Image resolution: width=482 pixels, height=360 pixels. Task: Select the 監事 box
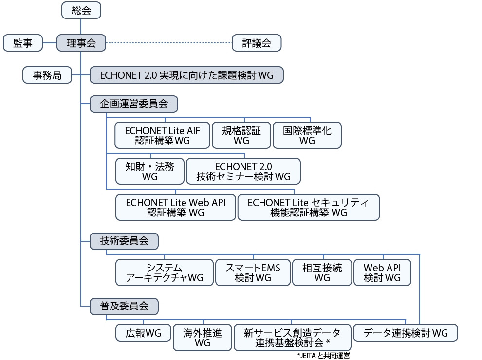[x=23, y=43]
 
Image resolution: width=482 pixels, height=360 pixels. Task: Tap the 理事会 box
[x=81, y=43]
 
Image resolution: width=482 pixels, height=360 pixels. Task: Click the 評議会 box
[x=257, y=43]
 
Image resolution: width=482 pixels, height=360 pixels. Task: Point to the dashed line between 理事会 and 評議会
[x=169, y=43]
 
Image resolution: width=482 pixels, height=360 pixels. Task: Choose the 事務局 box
[x=47, y=75]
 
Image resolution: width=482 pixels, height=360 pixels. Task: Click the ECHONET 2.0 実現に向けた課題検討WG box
[x=186, y=75]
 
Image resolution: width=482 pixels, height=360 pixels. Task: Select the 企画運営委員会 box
[x=134, y=104]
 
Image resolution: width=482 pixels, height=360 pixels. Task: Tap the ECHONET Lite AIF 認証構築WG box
[x=162, y=135]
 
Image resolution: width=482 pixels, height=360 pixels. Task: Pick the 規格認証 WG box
[x=241, y=135]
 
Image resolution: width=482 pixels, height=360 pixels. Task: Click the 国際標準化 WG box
[x=307, y=135]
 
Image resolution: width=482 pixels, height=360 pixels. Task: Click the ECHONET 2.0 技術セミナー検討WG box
[x=243, y=171]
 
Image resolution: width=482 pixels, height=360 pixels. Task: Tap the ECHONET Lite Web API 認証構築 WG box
[x=176, y=207]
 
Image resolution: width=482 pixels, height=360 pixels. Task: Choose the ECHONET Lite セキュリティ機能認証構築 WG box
[x=308, y=207]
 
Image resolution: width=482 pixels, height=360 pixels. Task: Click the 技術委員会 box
[x=124, y=241]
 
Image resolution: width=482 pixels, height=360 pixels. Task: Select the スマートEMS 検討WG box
[x=253, y=272]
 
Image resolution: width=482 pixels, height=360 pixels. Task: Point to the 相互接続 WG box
[x=322, y=272]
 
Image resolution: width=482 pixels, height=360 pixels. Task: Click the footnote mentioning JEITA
[x=323, y=356]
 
